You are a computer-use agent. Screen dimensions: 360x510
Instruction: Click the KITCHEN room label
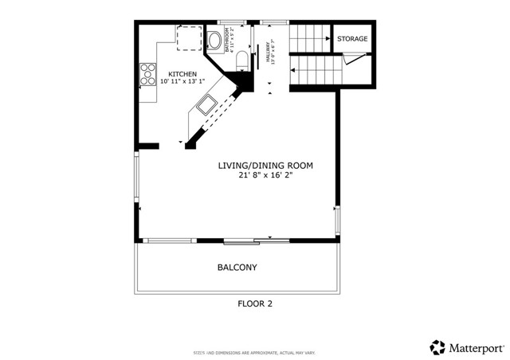tap(182, 73)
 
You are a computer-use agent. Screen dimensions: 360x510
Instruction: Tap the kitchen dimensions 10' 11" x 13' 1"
tap(182, 81)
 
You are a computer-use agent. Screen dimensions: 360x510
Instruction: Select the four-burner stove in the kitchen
tap(148, 75)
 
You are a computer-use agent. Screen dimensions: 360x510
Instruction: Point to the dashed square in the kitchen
tap(190, 37)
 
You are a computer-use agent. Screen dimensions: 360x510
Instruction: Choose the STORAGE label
tap(352, 39)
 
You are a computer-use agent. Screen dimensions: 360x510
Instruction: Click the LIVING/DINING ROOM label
tap(265, 166)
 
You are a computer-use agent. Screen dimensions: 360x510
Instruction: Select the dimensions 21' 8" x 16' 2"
tap(265, 176)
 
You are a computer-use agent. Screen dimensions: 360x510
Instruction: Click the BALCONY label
tap(237, 268)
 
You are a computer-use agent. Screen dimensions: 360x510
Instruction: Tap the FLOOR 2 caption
tap(255, 303)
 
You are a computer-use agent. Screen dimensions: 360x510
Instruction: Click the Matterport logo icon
tap(437, 347)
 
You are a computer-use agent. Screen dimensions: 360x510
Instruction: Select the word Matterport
tap(475, 347)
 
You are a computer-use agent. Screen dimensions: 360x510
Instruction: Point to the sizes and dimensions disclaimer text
tap(254, 350)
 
